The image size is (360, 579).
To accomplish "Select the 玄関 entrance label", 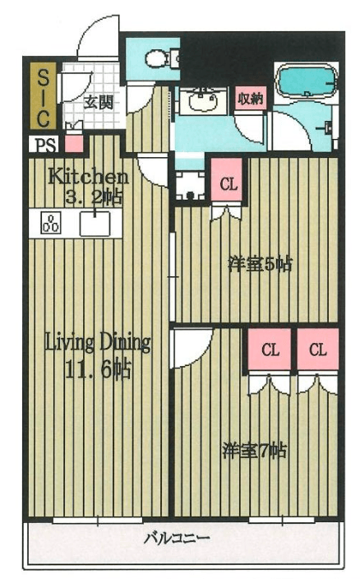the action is tap(98, 102).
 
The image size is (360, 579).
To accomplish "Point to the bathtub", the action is tap(306, 80).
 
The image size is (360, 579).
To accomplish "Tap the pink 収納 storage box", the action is tap(251, 98).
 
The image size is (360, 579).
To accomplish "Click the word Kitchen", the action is tap(89, 177).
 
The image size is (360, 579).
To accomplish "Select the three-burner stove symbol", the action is tap(51, 223).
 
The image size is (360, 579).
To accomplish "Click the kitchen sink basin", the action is tap(95, 224).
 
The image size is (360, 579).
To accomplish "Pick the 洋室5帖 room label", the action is tap(261, 264).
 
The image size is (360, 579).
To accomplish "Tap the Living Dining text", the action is tap(98, 343).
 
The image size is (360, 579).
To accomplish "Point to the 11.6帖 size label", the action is tap(97, 369).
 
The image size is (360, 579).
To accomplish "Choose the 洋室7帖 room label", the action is tap(255, 451).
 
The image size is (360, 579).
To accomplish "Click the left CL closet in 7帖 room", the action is tap(270, 350).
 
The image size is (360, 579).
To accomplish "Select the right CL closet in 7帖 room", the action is tap(318, 350).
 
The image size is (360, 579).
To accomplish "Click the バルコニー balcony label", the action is tap(177, 538).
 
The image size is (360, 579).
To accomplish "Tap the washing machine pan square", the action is tap(191, 185).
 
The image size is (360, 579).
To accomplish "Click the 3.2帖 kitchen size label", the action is tap(94, 197).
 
